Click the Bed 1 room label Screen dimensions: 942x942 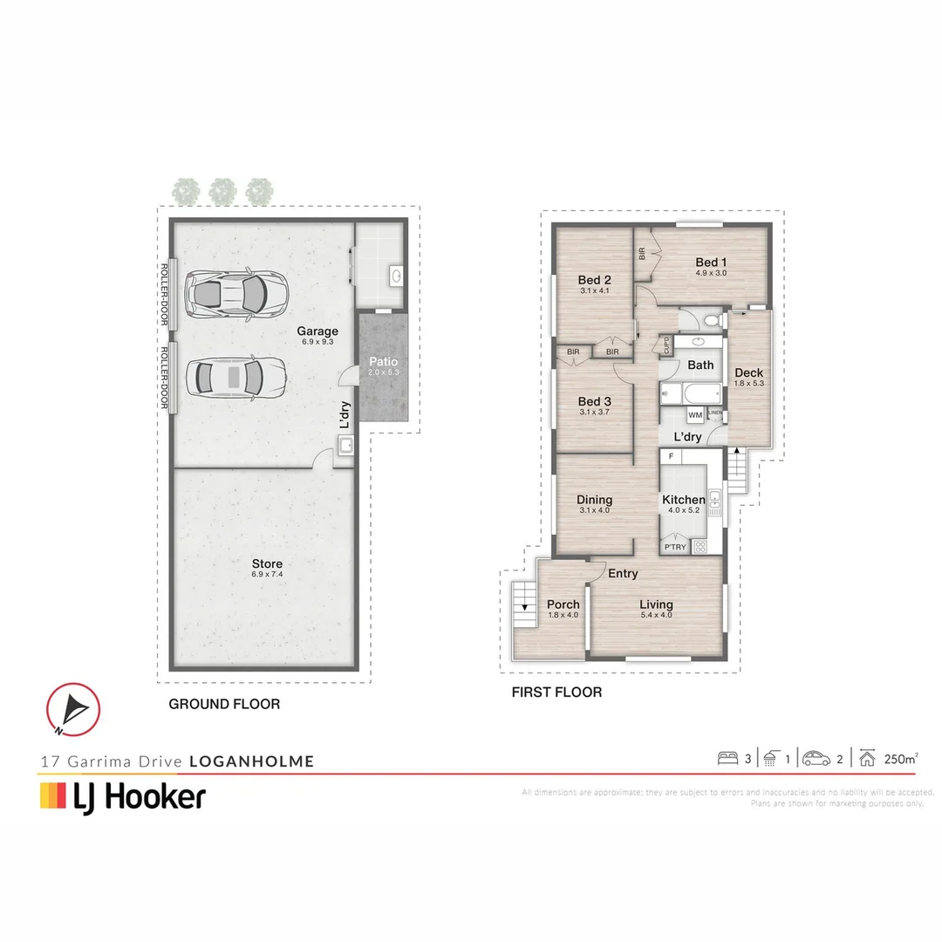pyautogui.click(x=711, y=263)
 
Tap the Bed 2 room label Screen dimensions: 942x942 pyautogui.click(x=593, y=281)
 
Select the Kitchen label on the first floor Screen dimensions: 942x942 pyautogui.click(x=684, y=500)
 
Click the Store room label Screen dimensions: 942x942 pyautogui.click(x=267, y=564)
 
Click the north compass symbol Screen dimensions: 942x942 pyautogui.click(x=73, y=708)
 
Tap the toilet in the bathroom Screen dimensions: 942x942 pyautogui.click(x=712, y=322)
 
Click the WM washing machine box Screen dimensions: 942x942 pyautogui.click(x=695, y=415)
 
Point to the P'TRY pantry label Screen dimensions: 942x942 pyautogui.click(x=675, y=548)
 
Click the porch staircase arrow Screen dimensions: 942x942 pyautogui.click(x=523, y=605)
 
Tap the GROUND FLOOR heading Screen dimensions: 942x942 pyautogui.click(x=224, y=704)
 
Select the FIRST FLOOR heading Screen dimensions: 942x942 pyautogui.click(x=556, y=693)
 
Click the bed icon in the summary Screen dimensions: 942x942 pyautogui.click(x=728, y=758)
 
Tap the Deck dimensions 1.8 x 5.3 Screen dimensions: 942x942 pyautogui.click(x=748, y=383)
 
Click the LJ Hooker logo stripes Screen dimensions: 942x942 pyautogui.click(x=53, y=795)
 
